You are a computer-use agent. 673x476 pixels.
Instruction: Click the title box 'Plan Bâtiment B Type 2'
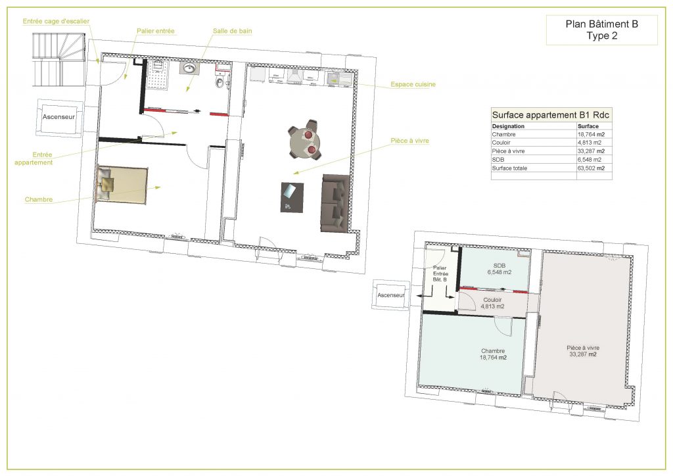(x=602, y=30)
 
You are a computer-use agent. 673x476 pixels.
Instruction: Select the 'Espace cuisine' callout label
(x=413, y=84)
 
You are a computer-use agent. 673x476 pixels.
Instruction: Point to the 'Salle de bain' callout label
(x=232, y=31)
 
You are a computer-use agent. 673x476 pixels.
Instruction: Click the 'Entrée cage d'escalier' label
(x=56, y=21)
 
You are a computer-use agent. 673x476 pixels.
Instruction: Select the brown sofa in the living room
(x=335, y=202)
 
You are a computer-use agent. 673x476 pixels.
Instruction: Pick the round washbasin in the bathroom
(x=189, y=68)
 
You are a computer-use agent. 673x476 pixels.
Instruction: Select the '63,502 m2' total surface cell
(x=591, y=168)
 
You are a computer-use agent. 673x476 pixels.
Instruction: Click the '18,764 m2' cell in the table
(x=591, y=134)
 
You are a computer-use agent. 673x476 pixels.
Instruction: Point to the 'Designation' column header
(x=508, y=126)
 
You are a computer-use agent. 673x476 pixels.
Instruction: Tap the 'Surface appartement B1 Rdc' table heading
(x=551, y=114)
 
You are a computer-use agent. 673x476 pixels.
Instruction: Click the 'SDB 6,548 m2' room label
(x=499, y=268)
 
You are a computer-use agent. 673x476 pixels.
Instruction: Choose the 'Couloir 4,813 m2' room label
(x=492, y=303)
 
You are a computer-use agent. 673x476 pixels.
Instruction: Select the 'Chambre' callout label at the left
(x=39, y=199)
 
